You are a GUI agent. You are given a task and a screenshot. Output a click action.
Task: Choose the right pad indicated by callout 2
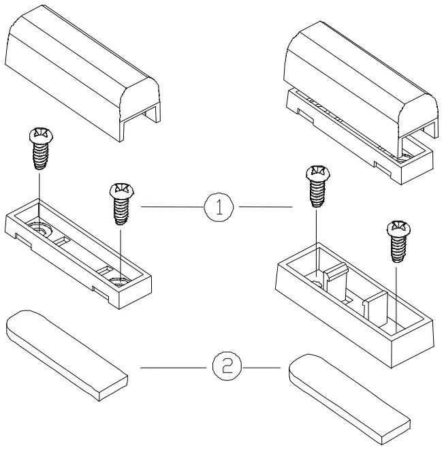(x=351, y=391)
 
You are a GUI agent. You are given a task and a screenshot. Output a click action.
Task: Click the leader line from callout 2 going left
(x=174, y=368)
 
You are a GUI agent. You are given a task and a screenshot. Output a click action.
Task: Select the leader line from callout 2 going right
(x=263, y=368)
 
